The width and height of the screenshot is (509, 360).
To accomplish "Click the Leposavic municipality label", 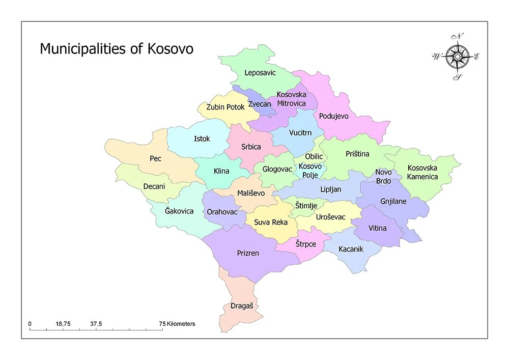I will (260, 73).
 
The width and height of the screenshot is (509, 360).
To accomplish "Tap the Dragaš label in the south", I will (242, 306).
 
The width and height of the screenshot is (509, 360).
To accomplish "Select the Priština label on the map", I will (357, 154).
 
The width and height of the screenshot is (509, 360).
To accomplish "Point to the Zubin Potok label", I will (225, 107).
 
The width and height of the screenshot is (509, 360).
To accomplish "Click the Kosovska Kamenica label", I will (422, 172).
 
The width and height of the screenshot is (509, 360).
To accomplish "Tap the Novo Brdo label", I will (384, 176).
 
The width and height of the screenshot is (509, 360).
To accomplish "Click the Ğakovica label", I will (179, 211).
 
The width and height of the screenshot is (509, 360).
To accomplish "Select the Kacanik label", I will (351, 249).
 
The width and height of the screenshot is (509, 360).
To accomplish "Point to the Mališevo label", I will (251, 193).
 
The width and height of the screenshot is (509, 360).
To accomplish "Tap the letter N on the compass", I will (460, 36).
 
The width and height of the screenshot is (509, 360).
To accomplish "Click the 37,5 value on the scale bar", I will (96, 324).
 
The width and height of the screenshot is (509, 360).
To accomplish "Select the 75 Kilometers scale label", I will (177, 324).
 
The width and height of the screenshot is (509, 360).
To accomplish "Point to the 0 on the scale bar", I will (30, 324).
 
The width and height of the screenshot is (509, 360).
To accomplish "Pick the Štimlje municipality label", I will (306, 206).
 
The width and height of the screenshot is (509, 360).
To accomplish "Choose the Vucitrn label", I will (300, 133).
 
